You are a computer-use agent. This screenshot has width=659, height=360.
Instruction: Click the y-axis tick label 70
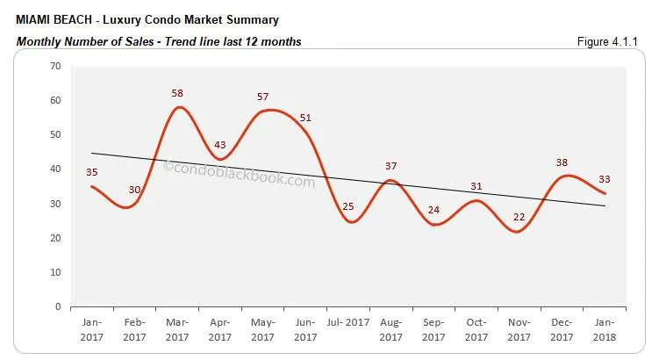pyautogui.click(x=55, y=66)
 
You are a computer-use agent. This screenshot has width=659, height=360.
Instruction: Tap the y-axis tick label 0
pyautogui.click(x=58, y=307)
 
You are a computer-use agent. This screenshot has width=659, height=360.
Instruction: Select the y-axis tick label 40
pyautogui.click(x=55, y=169)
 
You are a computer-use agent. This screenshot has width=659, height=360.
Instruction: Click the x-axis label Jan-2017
pyautogui.click(x=91, y=329)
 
